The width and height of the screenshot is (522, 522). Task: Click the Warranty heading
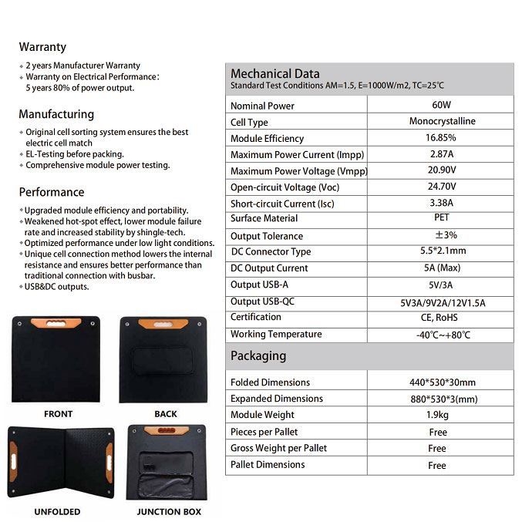[x=42, y=47]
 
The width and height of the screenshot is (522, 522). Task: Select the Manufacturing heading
[x=56, y=114]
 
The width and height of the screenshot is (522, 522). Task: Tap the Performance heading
[x=52, y=192]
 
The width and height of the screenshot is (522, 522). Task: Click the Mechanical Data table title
[x=275, y=74]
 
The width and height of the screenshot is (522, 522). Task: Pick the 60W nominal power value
[x=442, y=105]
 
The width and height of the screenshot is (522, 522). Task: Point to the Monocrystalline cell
[x=442, y=121]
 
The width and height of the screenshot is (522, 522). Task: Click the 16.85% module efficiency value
[x=441, y=138]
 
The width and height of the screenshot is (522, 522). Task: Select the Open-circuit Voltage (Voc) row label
[x=285, y=187]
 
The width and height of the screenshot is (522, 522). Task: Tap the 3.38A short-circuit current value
[x=441, y=203]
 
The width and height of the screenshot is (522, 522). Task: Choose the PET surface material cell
[x=442, y=218]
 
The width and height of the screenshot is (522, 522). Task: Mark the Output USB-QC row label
[x=262, y=301]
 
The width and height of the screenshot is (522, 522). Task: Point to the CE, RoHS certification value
[x=441, y=317]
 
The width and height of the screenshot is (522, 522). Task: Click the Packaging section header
[x=258, y=356]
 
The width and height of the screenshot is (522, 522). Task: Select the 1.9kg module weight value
[x=438, y=416]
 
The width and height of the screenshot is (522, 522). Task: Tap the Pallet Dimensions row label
[x=268, y=464]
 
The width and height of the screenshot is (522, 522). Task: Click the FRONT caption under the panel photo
[x=58, y=414]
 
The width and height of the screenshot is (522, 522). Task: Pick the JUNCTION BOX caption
[x=169, y=511]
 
